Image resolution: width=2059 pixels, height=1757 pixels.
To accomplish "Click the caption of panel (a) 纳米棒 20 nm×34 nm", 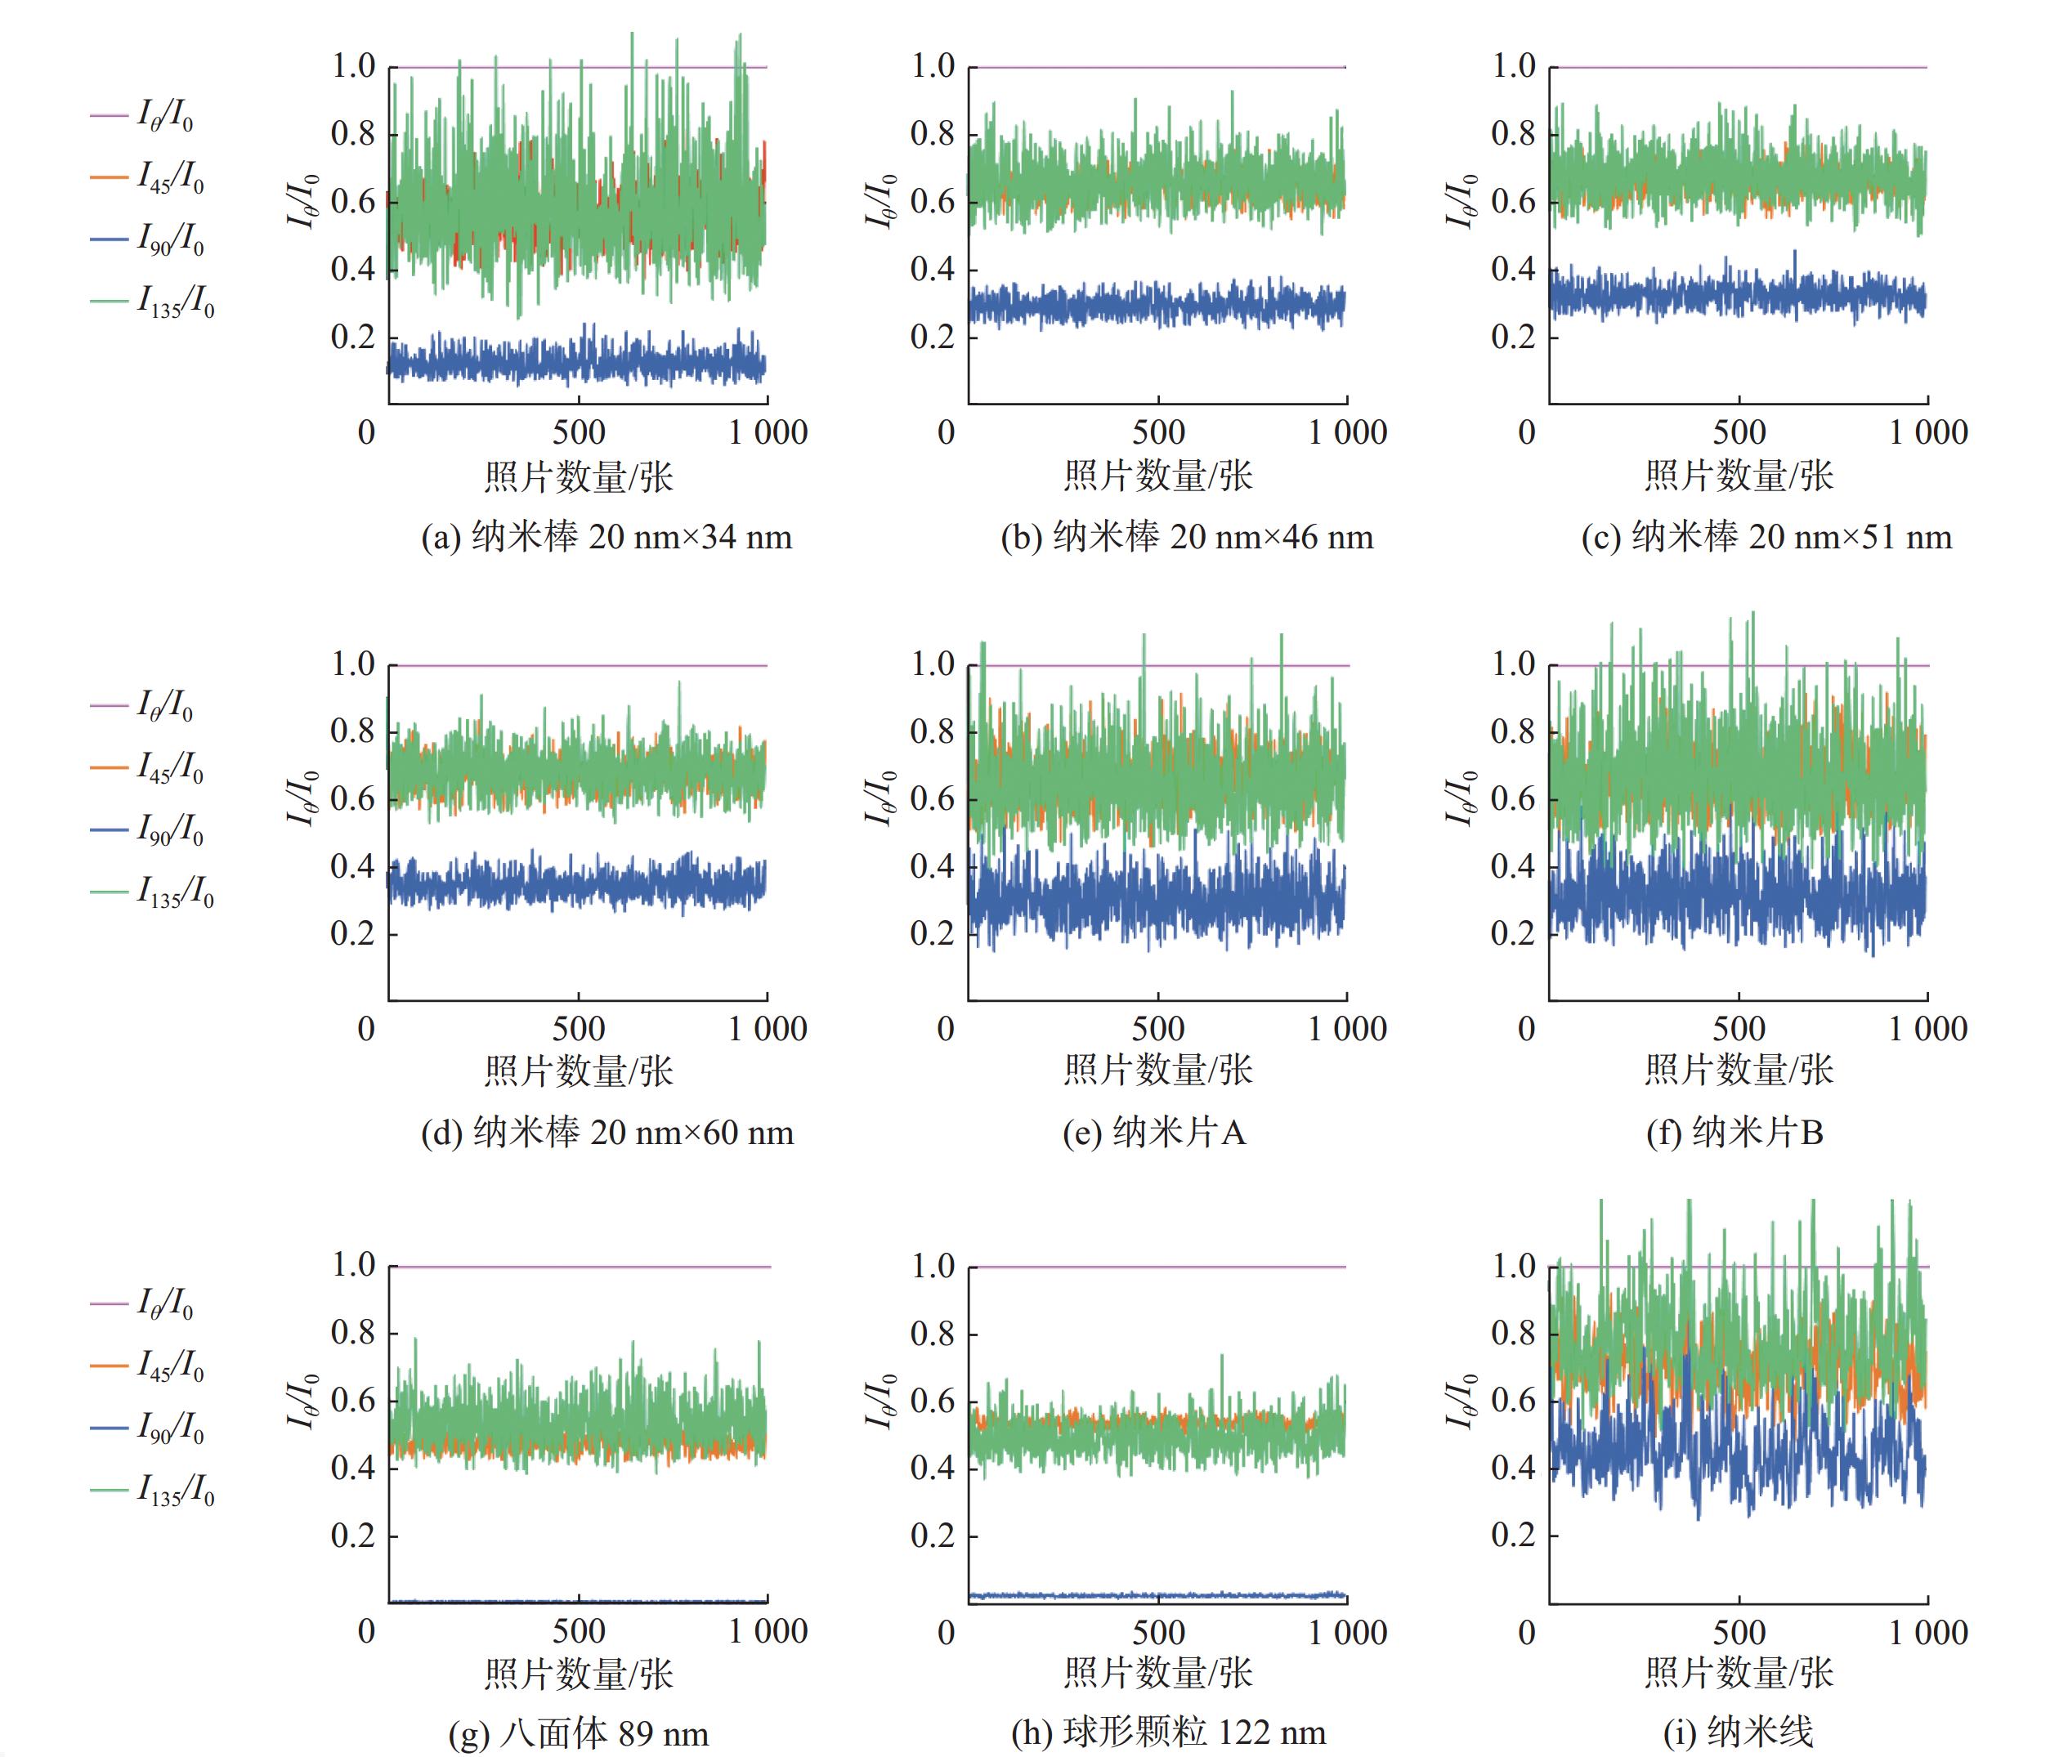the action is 607,538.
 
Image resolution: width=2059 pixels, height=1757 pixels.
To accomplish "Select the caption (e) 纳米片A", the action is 1153,1133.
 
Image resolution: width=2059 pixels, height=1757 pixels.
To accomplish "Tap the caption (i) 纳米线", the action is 1738,1732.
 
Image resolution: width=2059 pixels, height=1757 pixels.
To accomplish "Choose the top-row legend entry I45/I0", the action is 148,178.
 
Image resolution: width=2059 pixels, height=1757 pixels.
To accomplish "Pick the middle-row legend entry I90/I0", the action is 148,829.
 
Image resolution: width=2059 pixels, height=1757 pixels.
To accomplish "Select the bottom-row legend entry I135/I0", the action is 153,1490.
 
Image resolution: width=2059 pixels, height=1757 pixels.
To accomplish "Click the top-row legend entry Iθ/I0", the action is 143,116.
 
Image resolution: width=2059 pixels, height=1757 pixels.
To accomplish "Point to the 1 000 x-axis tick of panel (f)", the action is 1928,1029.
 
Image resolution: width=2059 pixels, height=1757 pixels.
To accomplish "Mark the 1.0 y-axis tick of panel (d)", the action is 353,664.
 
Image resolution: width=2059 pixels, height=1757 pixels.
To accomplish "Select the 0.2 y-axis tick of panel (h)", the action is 933,1536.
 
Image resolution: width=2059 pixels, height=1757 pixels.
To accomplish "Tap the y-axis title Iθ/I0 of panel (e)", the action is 880,798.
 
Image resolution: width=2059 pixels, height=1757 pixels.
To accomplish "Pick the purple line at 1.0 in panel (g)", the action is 579,1266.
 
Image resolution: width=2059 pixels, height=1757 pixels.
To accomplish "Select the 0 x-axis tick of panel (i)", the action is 1528,1632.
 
